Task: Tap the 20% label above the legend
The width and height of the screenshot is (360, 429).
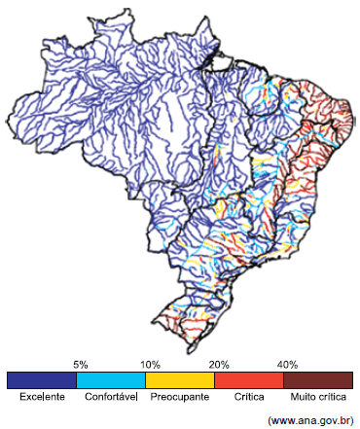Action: [x=219, y=364]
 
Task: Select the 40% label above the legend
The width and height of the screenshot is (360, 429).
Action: [x=288, y=364]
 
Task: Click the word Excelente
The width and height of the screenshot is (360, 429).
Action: [x=42, y=398]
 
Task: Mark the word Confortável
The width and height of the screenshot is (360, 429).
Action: [x=111, y=398]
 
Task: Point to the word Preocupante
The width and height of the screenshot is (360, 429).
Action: [x=180, y=398]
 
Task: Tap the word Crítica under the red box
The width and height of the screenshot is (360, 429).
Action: [x=249, y=398]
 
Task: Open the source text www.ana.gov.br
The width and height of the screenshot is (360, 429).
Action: [x=309, y=419]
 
